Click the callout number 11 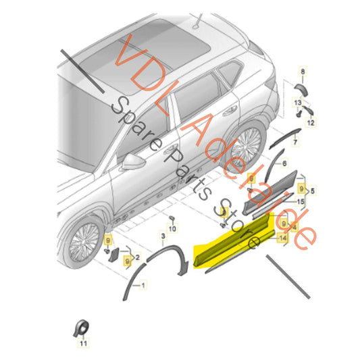pos(83,343)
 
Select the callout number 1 pos(143,286)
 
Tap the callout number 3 pos(163,236)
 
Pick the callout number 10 pos(172,228)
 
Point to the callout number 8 pos(303,72)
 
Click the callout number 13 pos(298,103)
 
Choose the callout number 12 pos(311,123)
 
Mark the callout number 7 pos(295,142)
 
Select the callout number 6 pos(284,163)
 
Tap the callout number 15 pos(301,201)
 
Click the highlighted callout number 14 pos(283,238)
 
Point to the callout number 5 pos(313,190)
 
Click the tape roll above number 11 pos(81,328)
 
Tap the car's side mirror pos(132,161)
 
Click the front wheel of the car pos(84,242)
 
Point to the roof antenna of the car pos(197,22)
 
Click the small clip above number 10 pos(172,217)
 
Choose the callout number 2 pos(138,257)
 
